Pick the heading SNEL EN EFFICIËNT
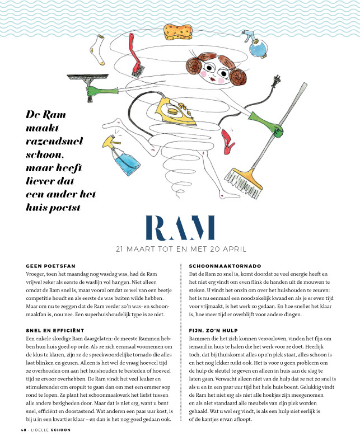(x=55, y=331)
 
